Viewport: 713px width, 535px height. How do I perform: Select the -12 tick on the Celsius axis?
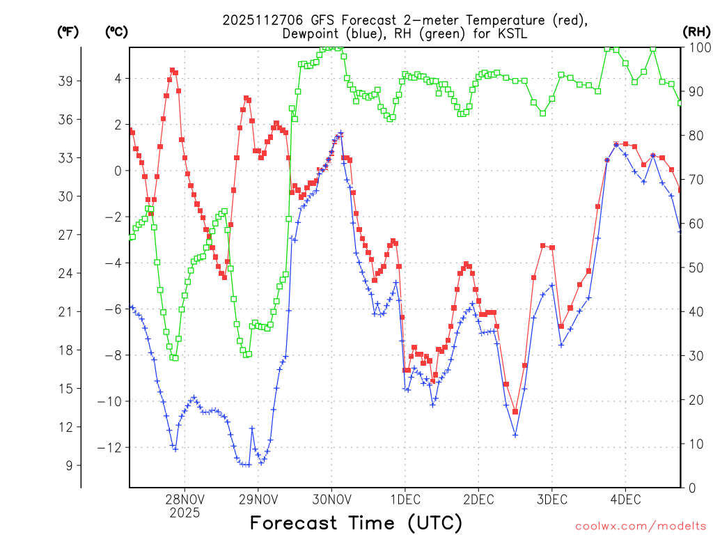pyautogui.click(x=111, y=447)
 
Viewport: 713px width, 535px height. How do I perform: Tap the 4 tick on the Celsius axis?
pyautogui.click(x=118, y=78)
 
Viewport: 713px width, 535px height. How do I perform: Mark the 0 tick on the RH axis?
pyautogui.click(x=692, y=488)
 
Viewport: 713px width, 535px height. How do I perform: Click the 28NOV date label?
pyautogui.click(x=185, y=499)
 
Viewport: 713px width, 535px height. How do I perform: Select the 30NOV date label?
pyautogui.click(x=331, y=499)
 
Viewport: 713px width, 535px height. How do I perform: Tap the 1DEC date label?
pyautogui.click(x=405, y=499)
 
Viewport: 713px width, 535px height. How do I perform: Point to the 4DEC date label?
pyautogui.click(x=625, y=499)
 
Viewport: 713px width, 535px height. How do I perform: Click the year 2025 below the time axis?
pyautogui.click(x=185, y=513)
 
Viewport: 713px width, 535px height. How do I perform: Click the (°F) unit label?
pyautogui.click(x=68, y=31)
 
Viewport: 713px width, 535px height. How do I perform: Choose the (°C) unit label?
pyautogui.click(x=117, y=31)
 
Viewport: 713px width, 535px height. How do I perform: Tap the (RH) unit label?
pyautogui.click(x=697, y=31)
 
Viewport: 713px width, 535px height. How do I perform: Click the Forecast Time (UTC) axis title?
pyautogui.click(x=356, y=522)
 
